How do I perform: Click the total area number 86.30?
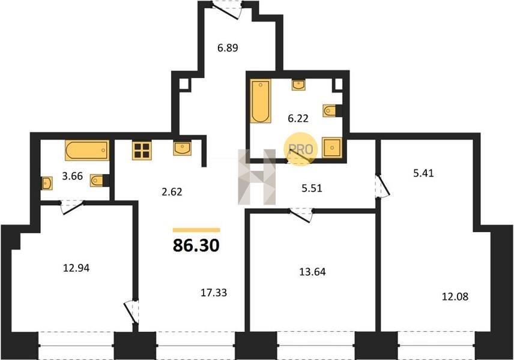click(196, 245)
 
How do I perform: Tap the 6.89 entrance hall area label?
click(228, 48)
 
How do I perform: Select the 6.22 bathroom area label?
click(298, 118)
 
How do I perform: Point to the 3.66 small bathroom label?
click(73, 176)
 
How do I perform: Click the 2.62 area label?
click(172, 191)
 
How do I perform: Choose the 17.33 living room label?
click(214, 293)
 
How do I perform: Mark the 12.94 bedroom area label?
click(76, 268)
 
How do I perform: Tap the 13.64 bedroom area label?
click(312, 272)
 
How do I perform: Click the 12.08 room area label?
click(455, 297)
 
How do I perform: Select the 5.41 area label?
click(423, 173)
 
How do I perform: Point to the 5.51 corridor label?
click(312, 188)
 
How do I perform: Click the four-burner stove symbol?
click(142, 151)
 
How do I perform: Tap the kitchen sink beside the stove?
click(183, 148)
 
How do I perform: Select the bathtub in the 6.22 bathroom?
click(261, 101)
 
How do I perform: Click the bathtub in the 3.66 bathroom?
click(87, 151)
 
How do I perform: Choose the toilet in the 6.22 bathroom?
click(332, 111)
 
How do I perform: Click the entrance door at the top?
click(227, 10)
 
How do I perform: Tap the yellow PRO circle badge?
click(301, 149)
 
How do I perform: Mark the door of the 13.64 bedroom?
click(301, 215)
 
